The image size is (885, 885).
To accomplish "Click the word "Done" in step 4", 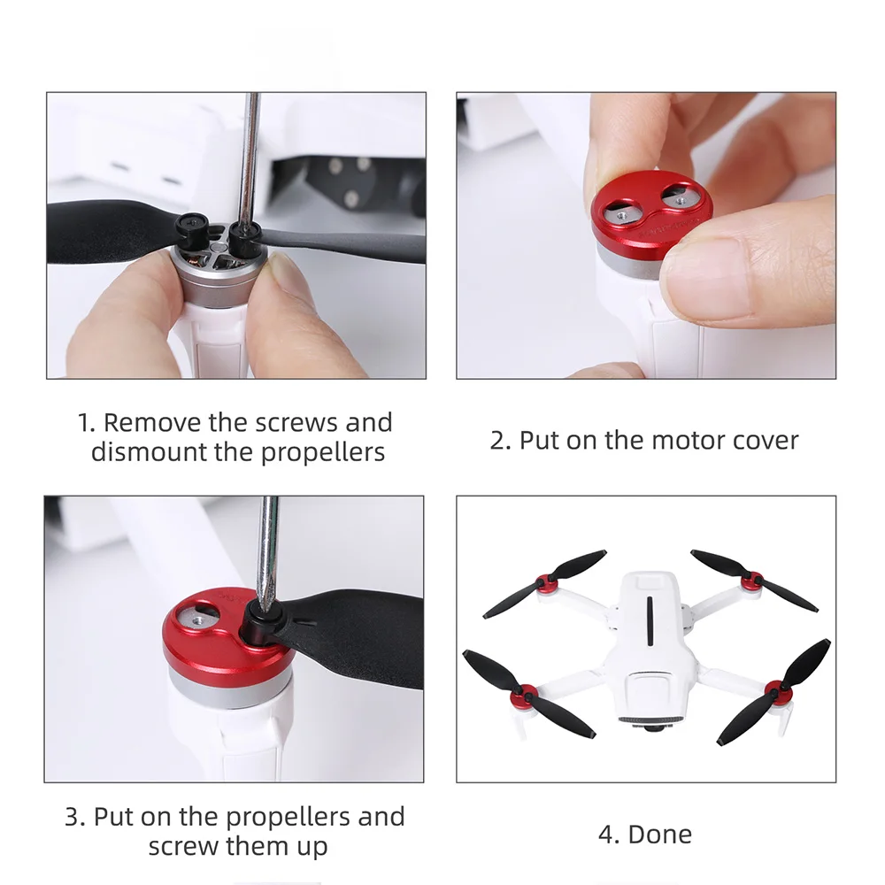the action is pyautogui.click(x=659, y=835).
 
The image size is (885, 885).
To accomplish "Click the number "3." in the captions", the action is pyautogui.click(x=75, y=817).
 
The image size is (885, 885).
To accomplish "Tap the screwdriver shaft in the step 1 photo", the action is pyautogui.click(x=250, y=158).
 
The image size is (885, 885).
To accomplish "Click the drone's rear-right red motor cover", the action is pyautogui.click(x=751, y=581).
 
